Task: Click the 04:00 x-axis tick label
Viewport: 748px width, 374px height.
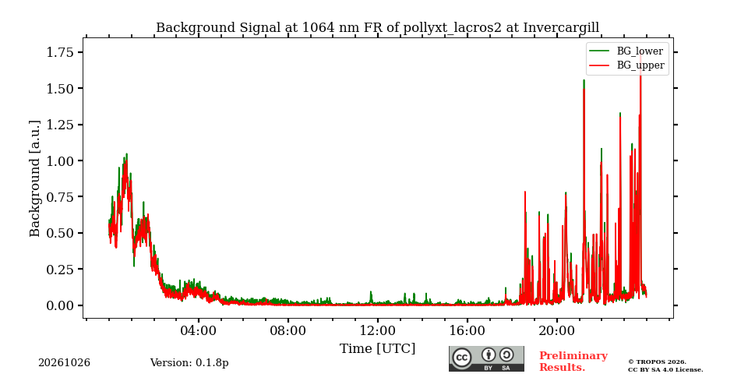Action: click(199, 331)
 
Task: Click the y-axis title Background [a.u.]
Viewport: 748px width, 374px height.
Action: click(35, 178)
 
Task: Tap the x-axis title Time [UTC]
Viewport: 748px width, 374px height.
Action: click(377, 349)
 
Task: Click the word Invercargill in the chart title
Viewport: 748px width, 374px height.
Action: click(561, 28)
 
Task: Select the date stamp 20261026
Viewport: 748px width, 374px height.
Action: click(65, 363)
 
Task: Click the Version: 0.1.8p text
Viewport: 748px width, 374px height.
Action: click(189, 363)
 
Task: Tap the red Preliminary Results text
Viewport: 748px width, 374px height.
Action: click(573, 362)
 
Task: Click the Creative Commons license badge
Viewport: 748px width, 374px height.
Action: click(486, 358)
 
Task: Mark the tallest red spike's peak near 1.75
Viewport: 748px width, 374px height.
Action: click(640, 54)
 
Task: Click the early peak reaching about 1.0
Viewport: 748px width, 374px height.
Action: click(126, 154)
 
